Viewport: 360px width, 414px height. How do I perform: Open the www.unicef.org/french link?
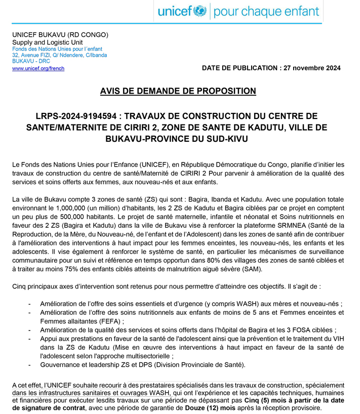38,68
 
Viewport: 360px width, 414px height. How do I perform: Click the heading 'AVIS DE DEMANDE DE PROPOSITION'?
178,91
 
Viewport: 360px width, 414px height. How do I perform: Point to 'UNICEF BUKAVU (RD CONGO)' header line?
60,35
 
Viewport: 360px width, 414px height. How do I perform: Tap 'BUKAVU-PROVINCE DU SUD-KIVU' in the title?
178,138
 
